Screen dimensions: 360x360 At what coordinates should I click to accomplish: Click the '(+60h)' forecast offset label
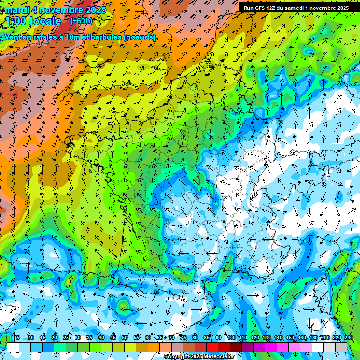pos(82,21)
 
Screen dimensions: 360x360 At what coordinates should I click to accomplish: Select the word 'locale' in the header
pos(45,21)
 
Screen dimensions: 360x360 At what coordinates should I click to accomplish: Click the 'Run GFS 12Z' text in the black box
pos(259,8)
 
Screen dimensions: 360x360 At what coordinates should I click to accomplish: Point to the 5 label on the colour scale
pos(18,337)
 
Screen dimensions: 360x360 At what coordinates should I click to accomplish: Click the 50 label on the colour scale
pos(125,337)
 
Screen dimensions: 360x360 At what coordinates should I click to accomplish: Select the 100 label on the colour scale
pos(231,337)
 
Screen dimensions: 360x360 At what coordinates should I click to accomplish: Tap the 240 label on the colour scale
pos(349,337)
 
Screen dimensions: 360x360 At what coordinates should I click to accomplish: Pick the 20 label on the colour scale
pos(54,337)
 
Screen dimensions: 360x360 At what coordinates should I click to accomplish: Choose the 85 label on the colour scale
pos(207,337)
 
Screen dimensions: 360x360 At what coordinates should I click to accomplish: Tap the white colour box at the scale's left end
pos(13,347)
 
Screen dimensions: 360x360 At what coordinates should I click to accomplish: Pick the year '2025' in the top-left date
pos(94,10)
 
